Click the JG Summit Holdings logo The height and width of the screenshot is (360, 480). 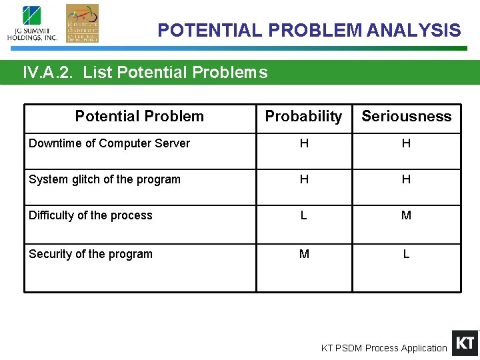[x=32, y=23]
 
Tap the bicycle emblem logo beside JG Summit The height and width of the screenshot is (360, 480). [x=82, y=23]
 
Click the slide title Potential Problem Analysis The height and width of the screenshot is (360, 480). [x=309, y=31]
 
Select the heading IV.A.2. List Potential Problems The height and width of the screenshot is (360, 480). [x=145, y=73]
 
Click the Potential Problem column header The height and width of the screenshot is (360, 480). [x=139, y=117]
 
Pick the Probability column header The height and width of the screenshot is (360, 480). [x=303, y=117]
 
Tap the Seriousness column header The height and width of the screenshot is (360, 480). [x=406, y=117]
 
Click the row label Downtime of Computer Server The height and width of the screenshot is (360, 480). [x=109, y=143]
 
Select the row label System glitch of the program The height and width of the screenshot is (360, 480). [x=105, y=179]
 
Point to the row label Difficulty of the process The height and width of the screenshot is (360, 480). [x=91, y=215]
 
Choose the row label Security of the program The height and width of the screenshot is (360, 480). [x=91, y=254]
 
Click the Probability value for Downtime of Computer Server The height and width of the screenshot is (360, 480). [x=304, y=143]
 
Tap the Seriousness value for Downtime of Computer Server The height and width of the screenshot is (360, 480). [x=406, y=143]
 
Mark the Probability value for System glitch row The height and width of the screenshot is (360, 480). [x=304, y=179]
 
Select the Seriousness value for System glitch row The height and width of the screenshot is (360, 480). [x=406, y=179]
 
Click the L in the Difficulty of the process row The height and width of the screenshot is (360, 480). [x=304, y=215]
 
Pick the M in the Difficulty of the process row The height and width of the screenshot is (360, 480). [x=406, y=215]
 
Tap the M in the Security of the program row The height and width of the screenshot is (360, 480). [x=304, y=254]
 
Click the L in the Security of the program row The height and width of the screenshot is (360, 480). [x=406, y=254]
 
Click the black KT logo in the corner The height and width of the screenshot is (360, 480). [x=465, y=343]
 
